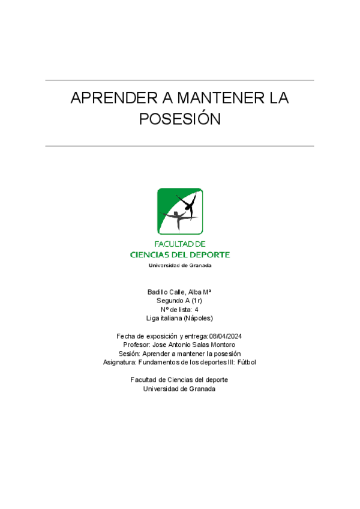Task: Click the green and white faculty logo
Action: pyautogui.click(x=180, y=211)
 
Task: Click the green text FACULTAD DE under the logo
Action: pyautogui.click(x=180, y=244)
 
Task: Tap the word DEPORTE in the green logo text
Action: pyautogui.click(x=211, y=254)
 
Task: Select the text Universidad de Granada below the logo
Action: pyautogui.click(x=180, y=265)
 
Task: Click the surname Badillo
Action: pyautogui.click(x=158, y=292)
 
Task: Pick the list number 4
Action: pyautogui.click(x=196, y=310)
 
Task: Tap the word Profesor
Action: pyautogui.click(x=136, y=345)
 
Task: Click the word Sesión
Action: pyautogui.click(x=129, y=354)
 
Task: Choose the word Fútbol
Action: pyautogui.click(x=246, y=362)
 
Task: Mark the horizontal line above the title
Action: pyautogui.click(x=180, y=80)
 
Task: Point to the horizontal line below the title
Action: pyautogui.click(x=180, y=146)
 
